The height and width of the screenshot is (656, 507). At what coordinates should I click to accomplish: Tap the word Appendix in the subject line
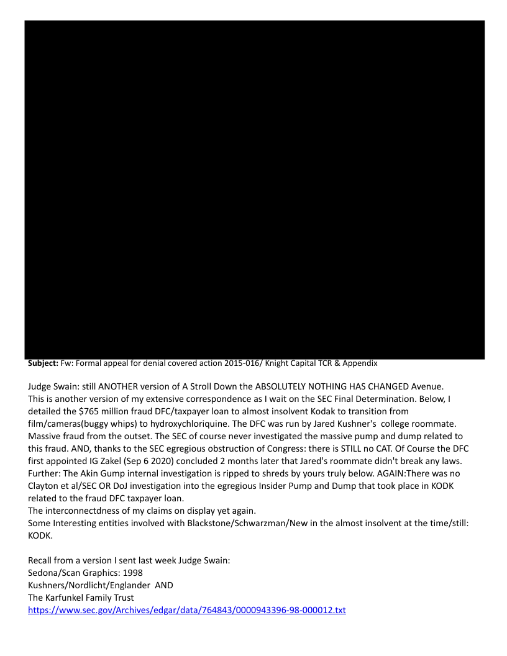coord(360,363)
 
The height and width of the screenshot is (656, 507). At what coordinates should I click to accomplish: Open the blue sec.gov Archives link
coord(186,610)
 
